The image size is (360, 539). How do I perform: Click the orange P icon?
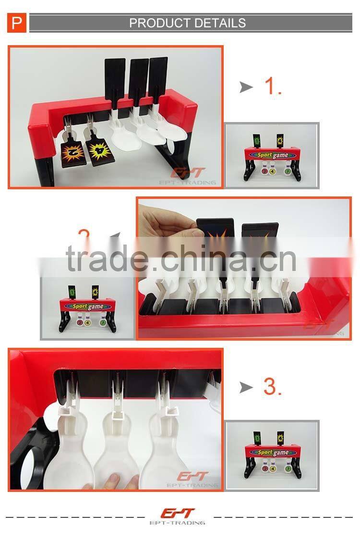click(17, 23)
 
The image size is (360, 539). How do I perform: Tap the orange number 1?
click(273, 86)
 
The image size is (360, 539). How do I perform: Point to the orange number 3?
click(272, 387)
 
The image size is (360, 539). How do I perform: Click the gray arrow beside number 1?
click(246, 87)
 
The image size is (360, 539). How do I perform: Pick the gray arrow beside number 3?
click(246, 387)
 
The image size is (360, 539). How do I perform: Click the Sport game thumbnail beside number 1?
click(272, 155)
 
